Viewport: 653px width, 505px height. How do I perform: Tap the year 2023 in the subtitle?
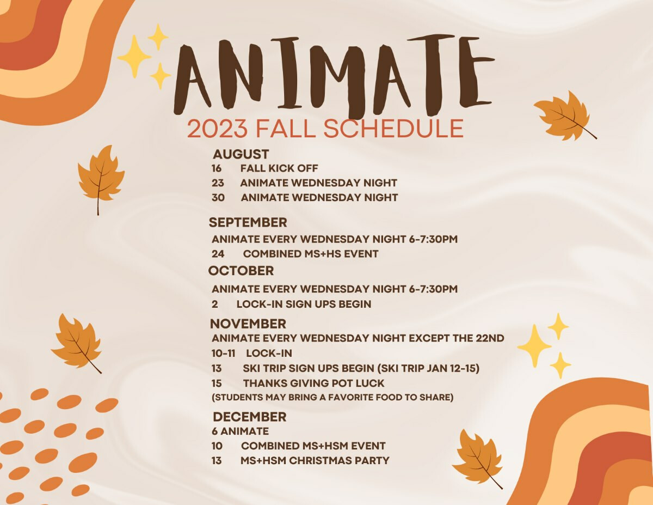point(218,129)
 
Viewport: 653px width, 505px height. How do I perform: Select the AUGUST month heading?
point(241,154)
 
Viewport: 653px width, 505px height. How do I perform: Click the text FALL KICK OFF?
point(279,168)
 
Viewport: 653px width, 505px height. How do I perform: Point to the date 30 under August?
point(218,198)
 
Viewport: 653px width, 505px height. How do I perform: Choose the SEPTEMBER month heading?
point(248,223)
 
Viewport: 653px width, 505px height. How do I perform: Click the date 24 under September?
point(218,254)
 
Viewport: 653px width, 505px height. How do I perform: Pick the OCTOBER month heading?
point(241,271)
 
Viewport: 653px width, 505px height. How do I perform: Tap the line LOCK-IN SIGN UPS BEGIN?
point(304,304)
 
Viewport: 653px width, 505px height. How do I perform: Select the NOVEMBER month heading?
point(248,324)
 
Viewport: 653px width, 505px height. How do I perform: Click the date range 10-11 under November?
point(223,353)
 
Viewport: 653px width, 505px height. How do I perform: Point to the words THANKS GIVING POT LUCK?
point(314,383)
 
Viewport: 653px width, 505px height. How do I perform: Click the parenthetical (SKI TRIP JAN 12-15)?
point(428,368)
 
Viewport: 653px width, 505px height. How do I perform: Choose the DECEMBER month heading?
point(249,417)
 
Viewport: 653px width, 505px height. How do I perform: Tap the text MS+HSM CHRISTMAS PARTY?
point(315,460)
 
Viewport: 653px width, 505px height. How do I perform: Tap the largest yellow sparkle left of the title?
point(134,57)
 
